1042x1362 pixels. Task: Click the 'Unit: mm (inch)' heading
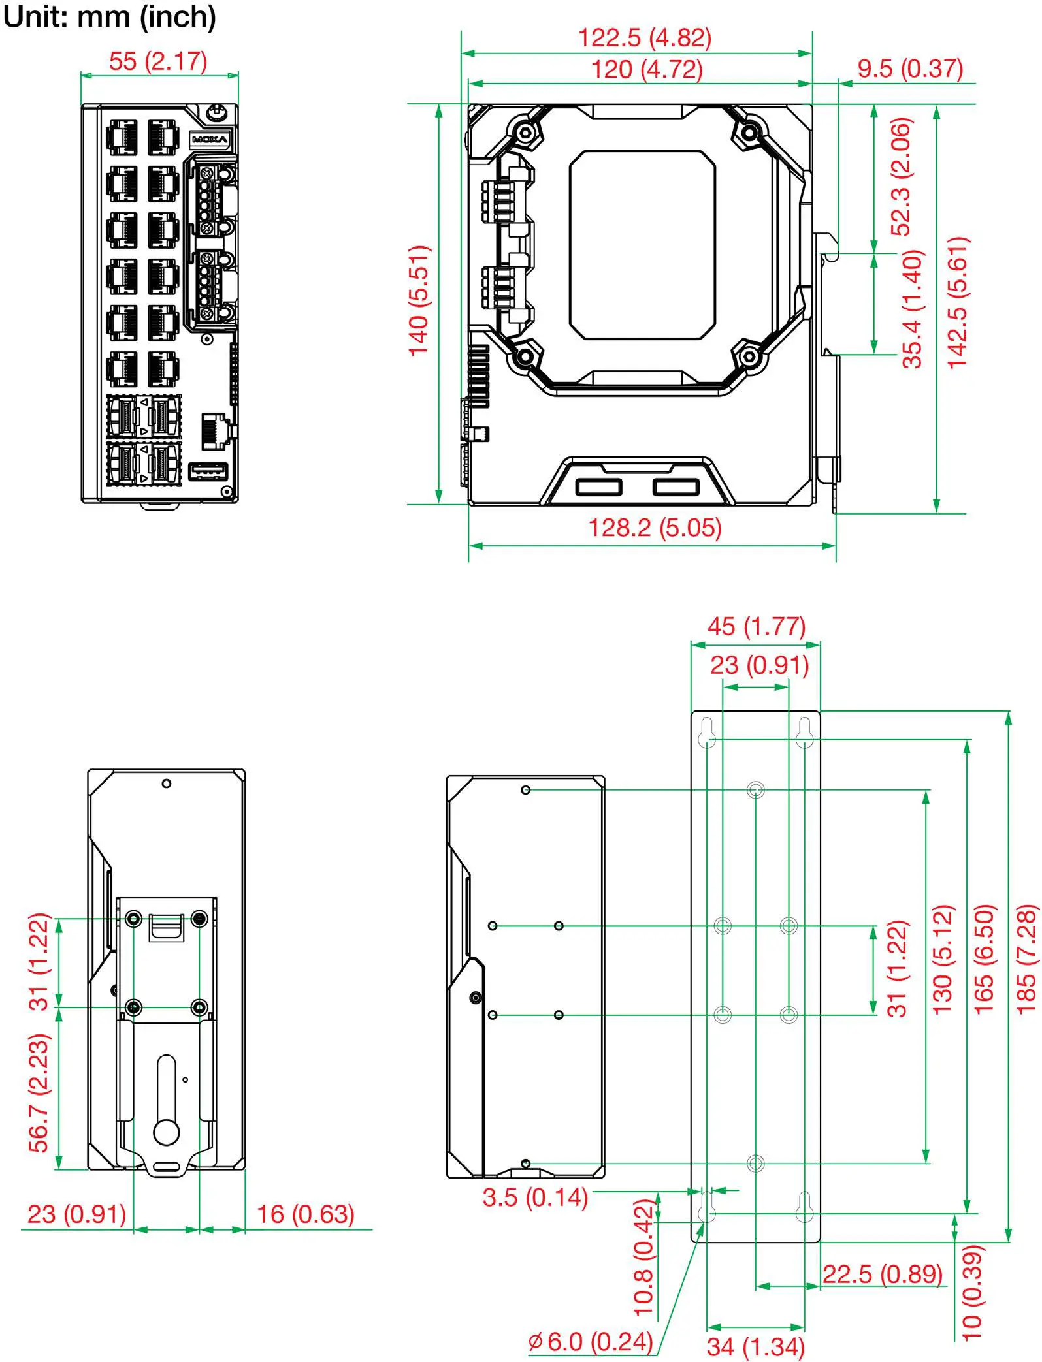(x=109, y=17)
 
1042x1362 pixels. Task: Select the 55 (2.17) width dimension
(x=158, y=61)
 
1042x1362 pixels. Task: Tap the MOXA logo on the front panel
(x=210, y=140)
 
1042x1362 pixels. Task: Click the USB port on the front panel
(x=208, y=471)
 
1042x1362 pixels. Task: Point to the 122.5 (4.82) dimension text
(x=644, y=38)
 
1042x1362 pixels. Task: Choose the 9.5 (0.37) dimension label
(x=909, y=69)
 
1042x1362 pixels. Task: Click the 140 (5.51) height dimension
(x=419, y=301)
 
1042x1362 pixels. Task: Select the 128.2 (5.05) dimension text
(x=655, y=528)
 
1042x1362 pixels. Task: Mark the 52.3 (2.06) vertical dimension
(x=901, y=176)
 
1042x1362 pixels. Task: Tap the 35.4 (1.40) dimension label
(x=913, y=309)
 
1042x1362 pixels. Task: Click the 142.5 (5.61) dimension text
(x=958, y=302)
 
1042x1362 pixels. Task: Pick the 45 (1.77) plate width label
(x=756, y=626)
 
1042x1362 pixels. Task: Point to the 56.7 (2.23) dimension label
(x=39, y=1093)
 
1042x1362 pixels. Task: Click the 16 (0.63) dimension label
(x=305, y=1214)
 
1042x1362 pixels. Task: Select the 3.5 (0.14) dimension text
(x=535, y=1197)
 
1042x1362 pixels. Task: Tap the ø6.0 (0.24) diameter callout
(x=590, y=1341)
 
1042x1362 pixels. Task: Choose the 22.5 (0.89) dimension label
(x=882, y=1274)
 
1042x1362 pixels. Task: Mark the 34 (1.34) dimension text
(x=755, y=1346)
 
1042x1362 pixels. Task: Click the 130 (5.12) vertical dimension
(x=943, y=958)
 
